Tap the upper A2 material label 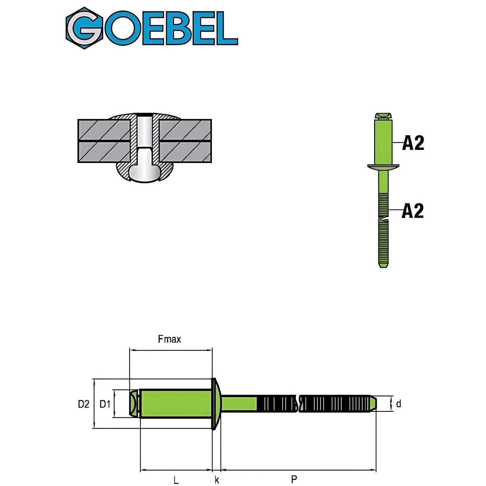point(413,143)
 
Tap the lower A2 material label point(412,211)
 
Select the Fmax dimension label point(169,339)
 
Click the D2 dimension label point(83,404)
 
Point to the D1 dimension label point(105,404)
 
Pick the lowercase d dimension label point(399,404)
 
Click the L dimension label point(176,480)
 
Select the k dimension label point(217,480)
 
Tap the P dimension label point(294,479)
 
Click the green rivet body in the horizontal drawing point(175,404)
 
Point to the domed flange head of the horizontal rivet point(216,404)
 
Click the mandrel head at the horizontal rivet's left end point(133,404)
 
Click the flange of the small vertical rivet point(383,167)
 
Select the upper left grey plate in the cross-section point(104,130)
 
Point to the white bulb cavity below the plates point(145,172)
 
